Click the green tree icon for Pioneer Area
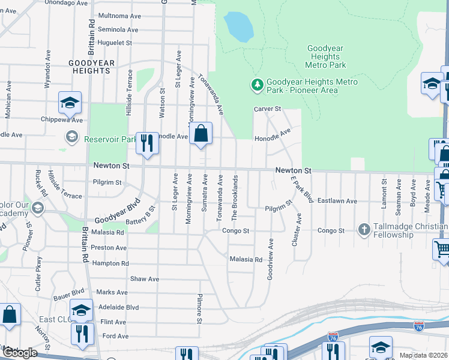coord(258,85)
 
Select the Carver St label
coord(267,109)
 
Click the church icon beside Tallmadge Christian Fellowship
coord(363,229)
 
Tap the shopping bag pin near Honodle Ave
coord(201,133)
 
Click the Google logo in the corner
coord(20,353)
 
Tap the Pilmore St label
coord(199,308)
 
